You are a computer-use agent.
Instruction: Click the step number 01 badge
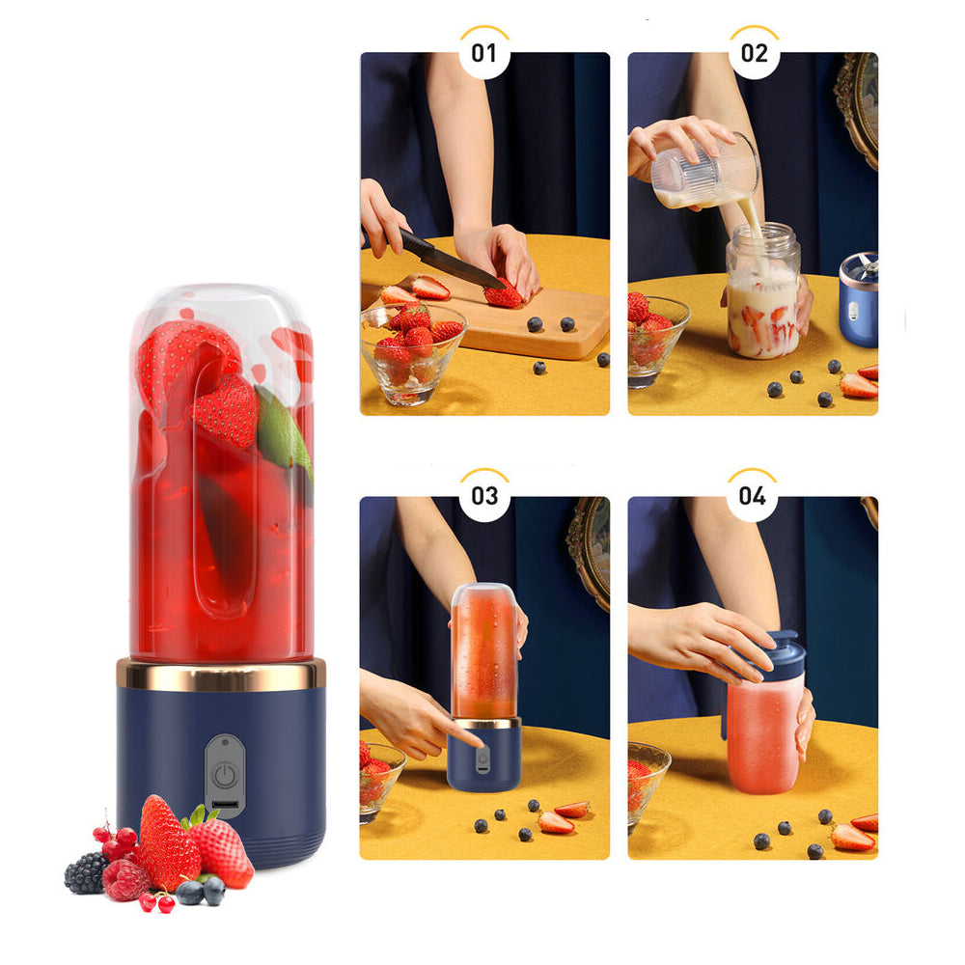tap(483, 53)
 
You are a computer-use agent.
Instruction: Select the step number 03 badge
tap(483, 496)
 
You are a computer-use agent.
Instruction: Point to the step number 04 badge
tap(752, 496)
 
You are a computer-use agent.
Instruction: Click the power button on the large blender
tap(225, 774)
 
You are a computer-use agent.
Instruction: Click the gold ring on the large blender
tap(221, 674)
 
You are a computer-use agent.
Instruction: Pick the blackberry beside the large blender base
tap(84, 873)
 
